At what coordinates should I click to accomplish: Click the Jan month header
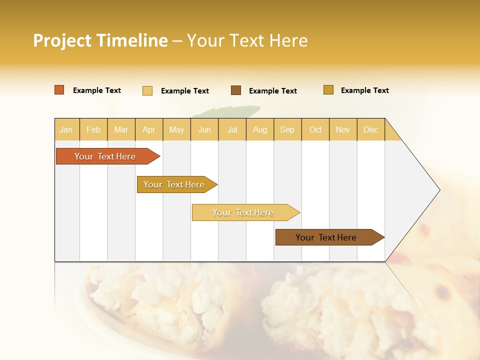[x=66, y=129]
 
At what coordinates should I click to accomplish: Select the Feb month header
[x=93, y=129]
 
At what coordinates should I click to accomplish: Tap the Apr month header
[x=148, y=129]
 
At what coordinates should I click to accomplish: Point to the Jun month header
[x=204, y=129]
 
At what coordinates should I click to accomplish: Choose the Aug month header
[x=259, y=129]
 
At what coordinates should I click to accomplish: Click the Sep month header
[x=287, y=129]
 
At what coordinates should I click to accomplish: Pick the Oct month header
[x=315, y=129]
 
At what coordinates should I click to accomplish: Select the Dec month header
[x=370, y=129]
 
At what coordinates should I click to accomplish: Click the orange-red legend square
[x=59, y=90]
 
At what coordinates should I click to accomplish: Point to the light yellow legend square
[x=147, y=90]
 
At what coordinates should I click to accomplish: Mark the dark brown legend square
[x=236, y=90]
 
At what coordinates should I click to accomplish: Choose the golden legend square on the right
[x=328, y=90]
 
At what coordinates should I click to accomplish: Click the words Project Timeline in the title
[x=100, y=40]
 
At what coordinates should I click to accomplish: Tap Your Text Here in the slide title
[x=247, y=40]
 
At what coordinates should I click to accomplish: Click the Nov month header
[x=343, y=129]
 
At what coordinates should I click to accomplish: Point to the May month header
[x=176, y=129]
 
